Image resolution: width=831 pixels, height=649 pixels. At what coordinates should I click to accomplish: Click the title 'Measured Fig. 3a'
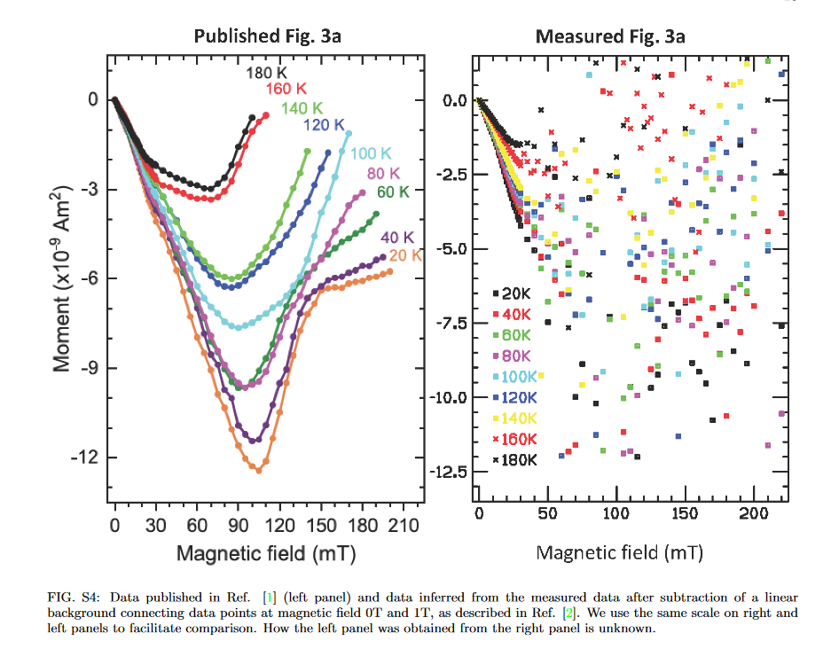click(x=610, y=36)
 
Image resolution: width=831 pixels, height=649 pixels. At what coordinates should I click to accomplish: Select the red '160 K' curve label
click(x=286, y=89)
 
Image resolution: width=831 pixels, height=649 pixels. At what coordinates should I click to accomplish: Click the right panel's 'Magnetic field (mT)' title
click(x=620, y=552)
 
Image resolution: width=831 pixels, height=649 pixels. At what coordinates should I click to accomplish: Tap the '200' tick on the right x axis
click(x=752, y=513)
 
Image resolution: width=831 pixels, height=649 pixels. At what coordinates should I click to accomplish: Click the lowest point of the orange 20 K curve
click(x=259, y=470)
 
